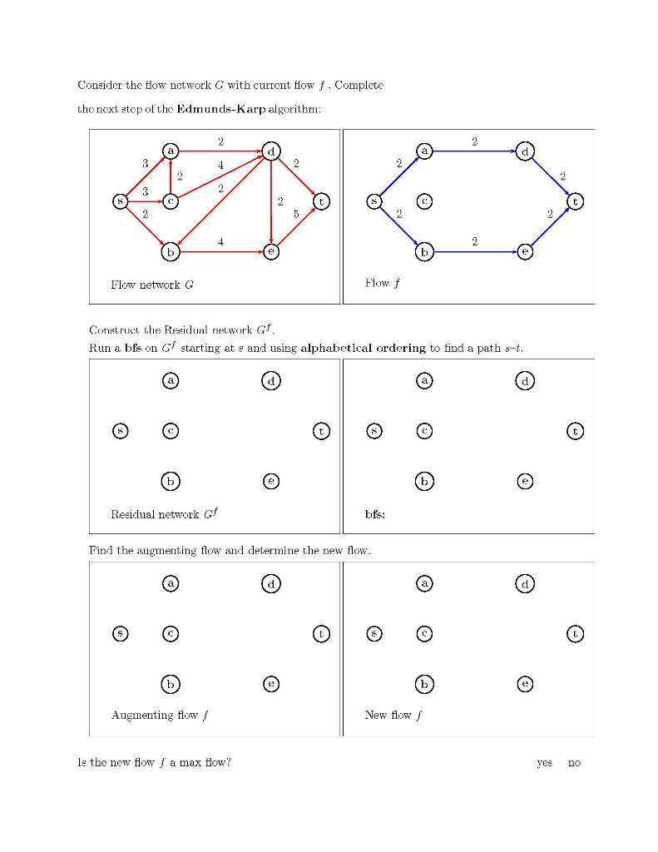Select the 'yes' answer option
point(545,762)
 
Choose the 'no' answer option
point(574,762)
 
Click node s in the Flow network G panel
point(121,201)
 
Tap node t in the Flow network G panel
point(321,201)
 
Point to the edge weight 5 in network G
point(296,214)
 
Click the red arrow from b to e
point(220,250)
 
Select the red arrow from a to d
point(220,151)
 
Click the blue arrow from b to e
point(474,250)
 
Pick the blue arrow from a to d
point(474,151)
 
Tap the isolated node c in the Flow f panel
point(424,201)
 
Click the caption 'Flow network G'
point(152,285)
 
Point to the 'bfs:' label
point(374,514)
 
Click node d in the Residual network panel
point(271,381)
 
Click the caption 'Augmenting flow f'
point(155,715)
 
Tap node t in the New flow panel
point(575,634)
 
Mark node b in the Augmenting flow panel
point(171,684)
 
